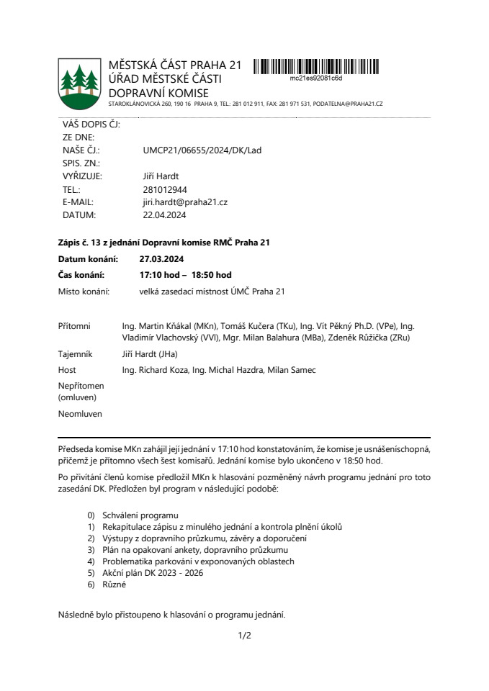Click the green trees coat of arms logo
click(x=80, y=84)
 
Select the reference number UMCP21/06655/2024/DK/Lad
click(x=202, y=150)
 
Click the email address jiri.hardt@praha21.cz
click(x=185, y=202)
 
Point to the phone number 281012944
click(x=166, y=189)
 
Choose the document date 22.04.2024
click(x=165, y=215)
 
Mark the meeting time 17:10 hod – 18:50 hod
click(x=185, y=275)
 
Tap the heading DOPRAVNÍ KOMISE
click(x=158, y=94)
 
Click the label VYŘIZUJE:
click(x=82, y=176)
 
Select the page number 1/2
click(x=244, y=636)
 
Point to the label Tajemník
click(x=76, y=354)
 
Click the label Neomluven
click(x=80, y=414)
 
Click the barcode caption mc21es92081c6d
click(x=315, y=78)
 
